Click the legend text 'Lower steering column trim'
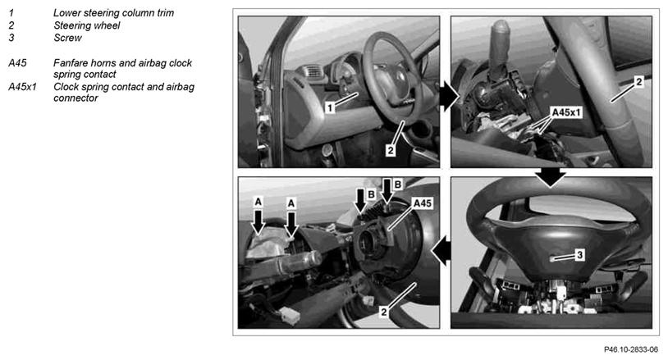pos(113,13)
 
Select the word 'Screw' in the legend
pos(67,38)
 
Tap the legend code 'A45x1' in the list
pos(22,87)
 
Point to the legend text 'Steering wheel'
pos(86,25)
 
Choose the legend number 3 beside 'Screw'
pos(11,38)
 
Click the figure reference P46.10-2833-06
pos(630,349)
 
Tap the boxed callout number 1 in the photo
pos(330,107)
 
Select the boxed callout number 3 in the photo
pos(579,255)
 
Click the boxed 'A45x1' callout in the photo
pos(566,113)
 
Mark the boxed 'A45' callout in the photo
pos(422,203)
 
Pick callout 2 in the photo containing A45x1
pos(638,82)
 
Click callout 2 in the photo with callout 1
pos(391,150)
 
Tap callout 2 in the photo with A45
pos(383,312)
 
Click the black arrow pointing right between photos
pos(448,97)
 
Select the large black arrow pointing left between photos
pos(441,251)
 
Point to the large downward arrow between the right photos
pos(551,177)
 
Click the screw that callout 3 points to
pos(551,258)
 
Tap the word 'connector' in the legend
pos(75,98)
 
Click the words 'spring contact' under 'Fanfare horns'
pos(85,75)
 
